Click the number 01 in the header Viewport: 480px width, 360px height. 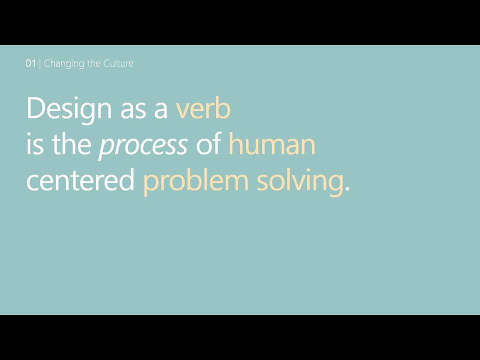coord(30,63)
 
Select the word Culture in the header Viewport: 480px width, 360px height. coord(118,63)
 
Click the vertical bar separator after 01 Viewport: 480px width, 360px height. coord(40,63)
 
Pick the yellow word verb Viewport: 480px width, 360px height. coord(203,107)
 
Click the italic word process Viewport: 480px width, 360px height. coord(143,146)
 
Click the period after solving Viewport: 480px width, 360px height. coord(347,188)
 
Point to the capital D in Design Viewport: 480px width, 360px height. coord(36,107)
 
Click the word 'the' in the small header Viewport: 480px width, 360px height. coord(93,63)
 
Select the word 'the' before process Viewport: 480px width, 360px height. coord(72,143)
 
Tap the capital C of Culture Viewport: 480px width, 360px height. coord(106,63)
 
